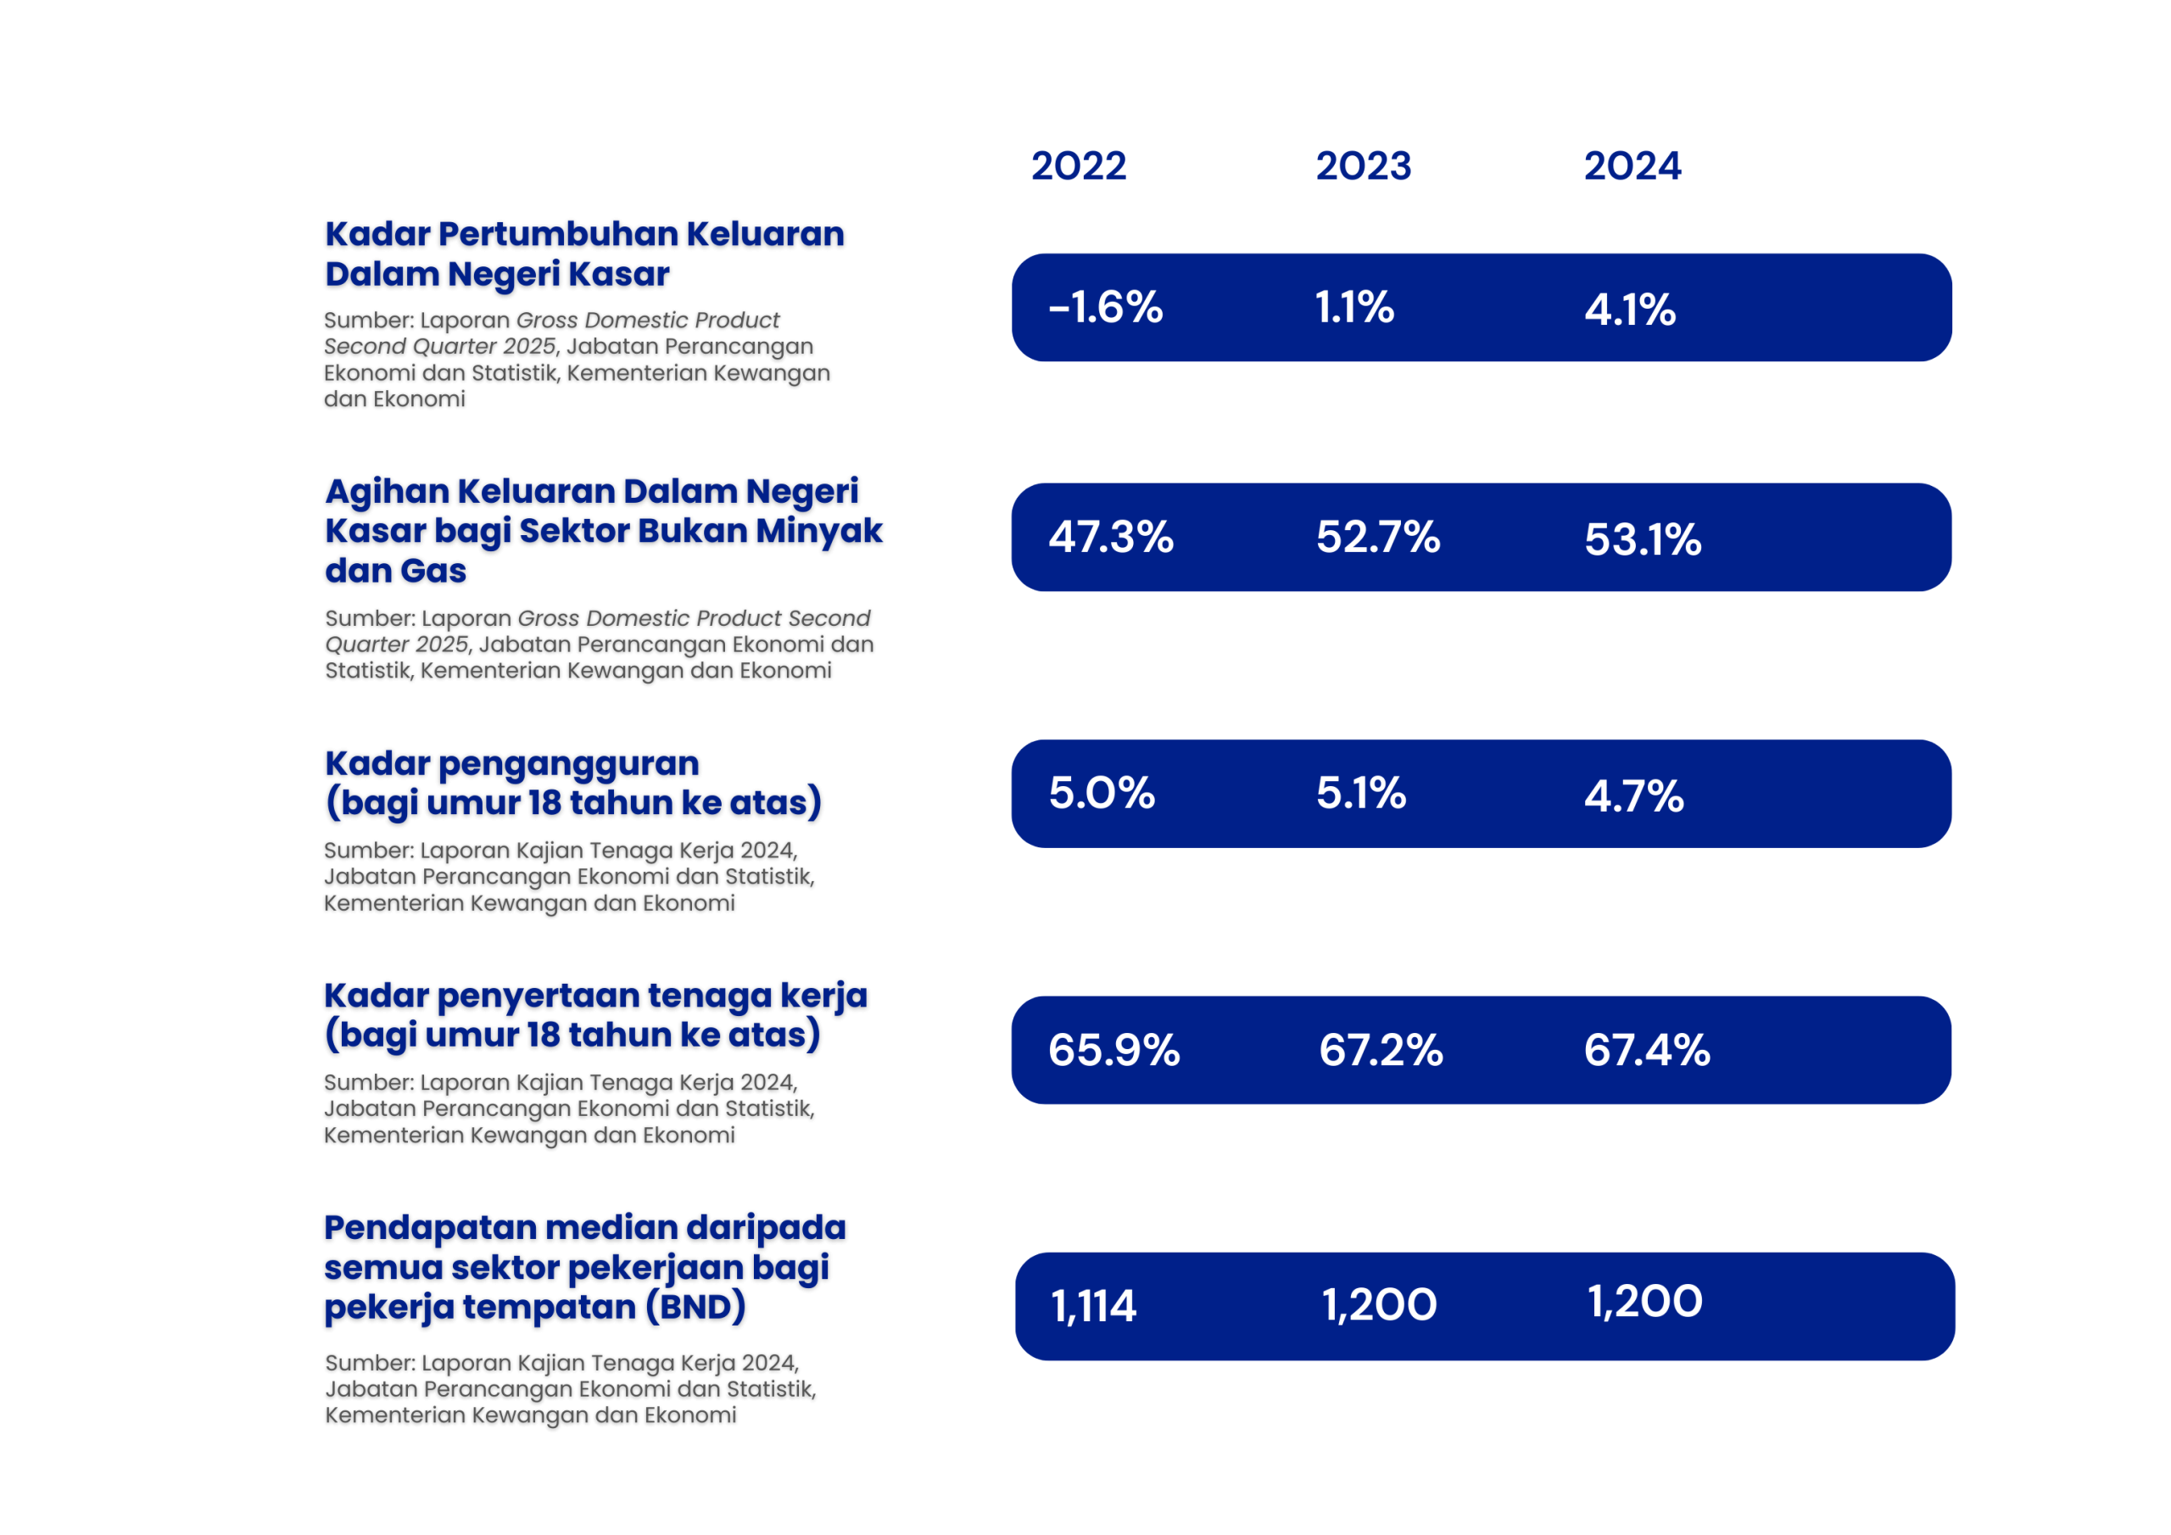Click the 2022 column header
click(x=1078, y=166)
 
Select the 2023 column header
click(x=1363, y=166)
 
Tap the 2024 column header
click(x=1632, y=166)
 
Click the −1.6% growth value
click(x=1105, y=307)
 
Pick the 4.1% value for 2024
click(x=1630, y=310)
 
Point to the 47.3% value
click(x=1111, y=537)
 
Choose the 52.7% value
click(x=1378, y=537)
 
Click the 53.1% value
click(x=1643, y=540)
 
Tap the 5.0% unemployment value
click(x=1102, y=794)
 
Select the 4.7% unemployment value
click(x=1634, y=796)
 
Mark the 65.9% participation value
click(x=1113, y=1051)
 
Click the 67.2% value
click(x=1381, y=1051)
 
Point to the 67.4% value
click(x=1647, y=1051)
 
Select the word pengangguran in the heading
click(x=568, y=763)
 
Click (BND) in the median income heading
click(x=696, y=1307)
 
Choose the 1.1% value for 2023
click(x=1354, y=307)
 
